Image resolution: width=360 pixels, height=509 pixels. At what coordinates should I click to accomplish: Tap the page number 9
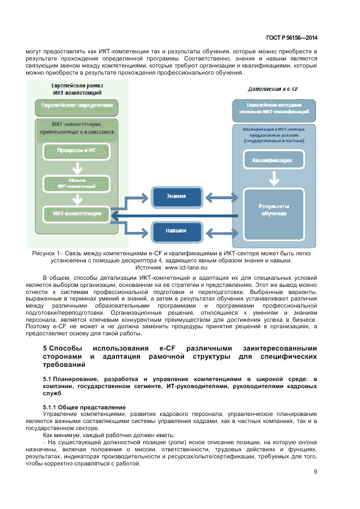[315, 471]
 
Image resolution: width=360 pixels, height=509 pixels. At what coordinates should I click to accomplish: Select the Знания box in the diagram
[176, 197]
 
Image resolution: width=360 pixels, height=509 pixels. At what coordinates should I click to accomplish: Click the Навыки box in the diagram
[176, 230]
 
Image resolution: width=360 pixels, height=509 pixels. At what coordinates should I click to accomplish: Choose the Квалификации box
[272, 160]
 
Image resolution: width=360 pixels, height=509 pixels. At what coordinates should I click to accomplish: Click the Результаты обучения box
[273, 210]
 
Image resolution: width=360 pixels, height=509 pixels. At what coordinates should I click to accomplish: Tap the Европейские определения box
[77, 106]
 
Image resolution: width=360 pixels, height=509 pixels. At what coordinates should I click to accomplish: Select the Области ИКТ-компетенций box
[77, 183]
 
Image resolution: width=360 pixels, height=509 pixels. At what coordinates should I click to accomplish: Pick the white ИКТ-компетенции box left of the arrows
[76, 213]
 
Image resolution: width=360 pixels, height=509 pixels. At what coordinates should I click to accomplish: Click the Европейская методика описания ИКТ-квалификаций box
[273, 107]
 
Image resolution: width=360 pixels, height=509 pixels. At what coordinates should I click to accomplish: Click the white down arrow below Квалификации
[273, 178]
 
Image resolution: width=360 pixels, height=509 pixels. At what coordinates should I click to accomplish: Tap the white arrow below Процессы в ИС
[77, 167]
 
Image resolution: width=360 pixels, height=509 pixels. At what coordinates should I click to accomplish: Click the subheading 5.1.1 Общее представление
[84, 407]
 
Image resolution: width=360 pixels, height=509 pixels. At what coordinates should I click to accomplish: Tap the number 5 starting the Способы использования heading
[45, 348]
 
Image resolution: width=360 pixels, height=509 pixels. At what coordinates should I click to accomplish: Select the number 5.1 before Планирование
[47, 378]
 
